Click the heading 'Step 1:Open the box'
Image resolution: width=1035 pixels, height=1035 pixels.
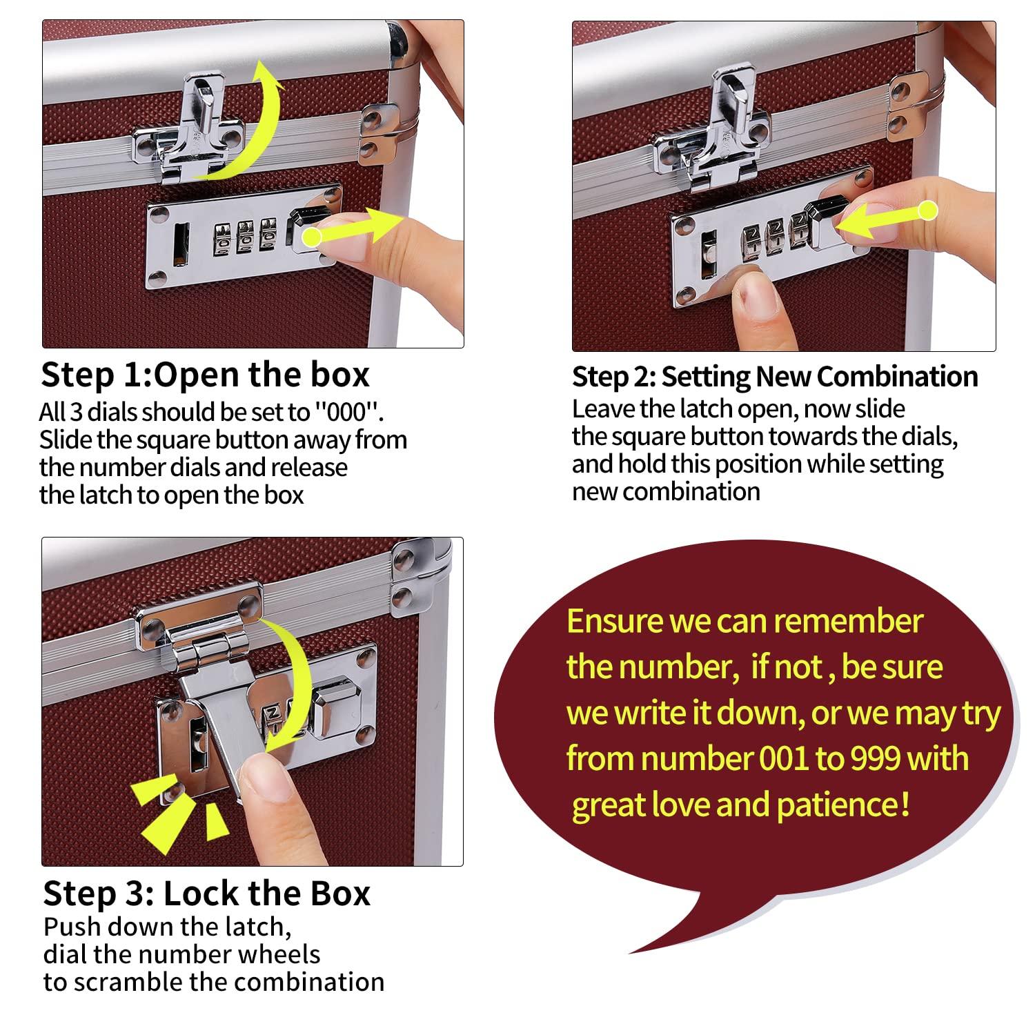(x=205, y=375)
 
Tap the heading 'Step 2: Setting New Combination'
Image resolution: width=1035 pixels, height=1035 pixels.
(x=774, y=377)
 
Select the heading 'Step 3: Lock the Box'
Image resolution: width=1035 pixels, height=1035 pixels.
(x=206, y=894)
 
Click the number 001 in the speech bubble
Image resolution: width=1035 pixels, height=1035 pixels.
(x=784, y=759)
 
